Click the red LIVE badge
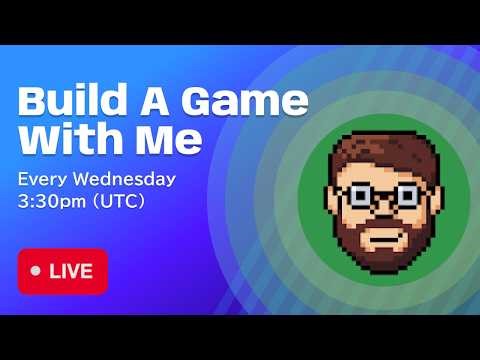point(62,271)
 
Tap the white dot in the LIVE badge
point(37,271)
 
